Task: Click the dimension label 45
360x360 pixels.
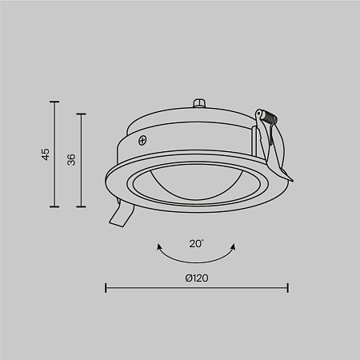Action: pos(46,154)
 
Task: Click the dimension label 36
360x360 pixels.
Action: pos(71,159)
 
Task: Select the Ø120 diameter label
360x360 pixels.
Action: pos(196,278)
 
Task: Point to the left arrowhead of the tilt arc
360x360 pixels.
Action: pos(158,243)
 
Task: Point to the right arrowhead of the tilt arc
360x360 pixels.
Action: pos(235,243)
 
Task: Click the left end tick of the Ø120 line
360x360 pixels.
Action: pos(107,287)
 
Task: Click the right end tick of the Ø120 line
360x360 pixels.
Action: pos(288,287)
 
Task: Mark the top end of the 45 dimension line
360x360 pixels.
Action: pos(54,102)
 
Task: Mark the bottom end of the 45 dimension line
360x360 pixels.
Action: pos(54,206)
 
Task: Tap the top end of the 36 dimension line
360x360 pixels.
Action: pos(80,114)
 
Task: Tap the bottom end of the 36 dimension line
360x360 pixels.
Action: pos(80,206)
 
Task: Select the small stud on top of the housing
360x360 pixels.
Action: pos(198,105)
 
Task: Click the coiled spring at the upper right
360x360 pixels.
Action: pos(266,120)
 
